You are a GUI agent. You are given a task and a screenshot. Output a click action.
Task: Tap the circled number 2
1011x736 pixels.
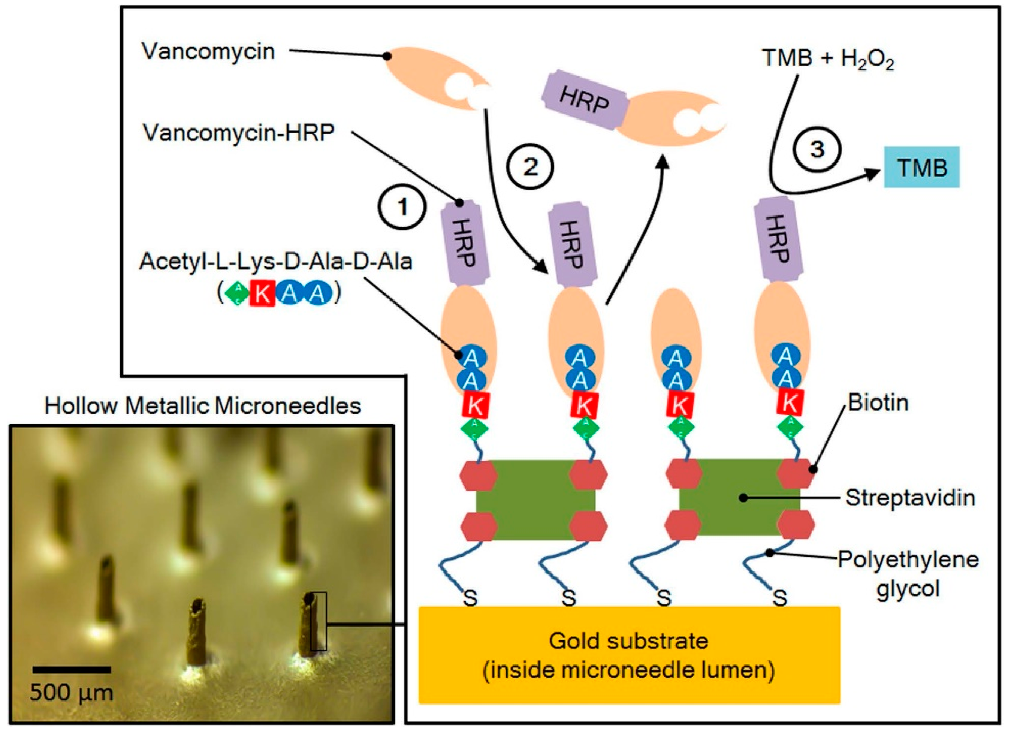click(529, 167)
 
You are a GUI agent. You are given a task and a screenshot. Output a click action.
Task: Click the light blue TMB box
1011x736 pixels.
click(921, 167)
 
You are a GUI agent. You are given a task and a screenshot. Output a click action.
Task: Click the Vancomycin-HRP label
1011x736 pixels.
click(238, 132)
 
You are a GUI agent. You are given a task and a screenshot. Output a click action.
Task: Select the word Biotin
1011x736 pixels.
click(878, 403)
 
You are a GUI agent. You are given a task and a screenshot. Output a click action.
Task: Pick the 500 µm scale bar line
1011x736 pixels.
click(71, 669)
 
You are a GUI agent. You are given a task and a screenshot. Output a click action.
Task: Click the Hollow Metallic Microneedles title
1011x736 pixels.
click(203, 406)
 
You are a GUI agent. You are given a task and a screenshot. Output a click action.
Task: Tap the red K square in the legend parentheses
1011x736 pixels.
click(261, 294)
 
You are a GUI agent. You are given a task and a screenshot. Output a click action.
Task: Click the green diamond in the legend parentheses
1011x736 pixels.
click(237, 294)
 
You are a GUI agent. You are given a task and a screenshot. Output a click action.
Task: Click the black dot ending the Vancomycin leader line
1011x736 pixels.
click(387, 57)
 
